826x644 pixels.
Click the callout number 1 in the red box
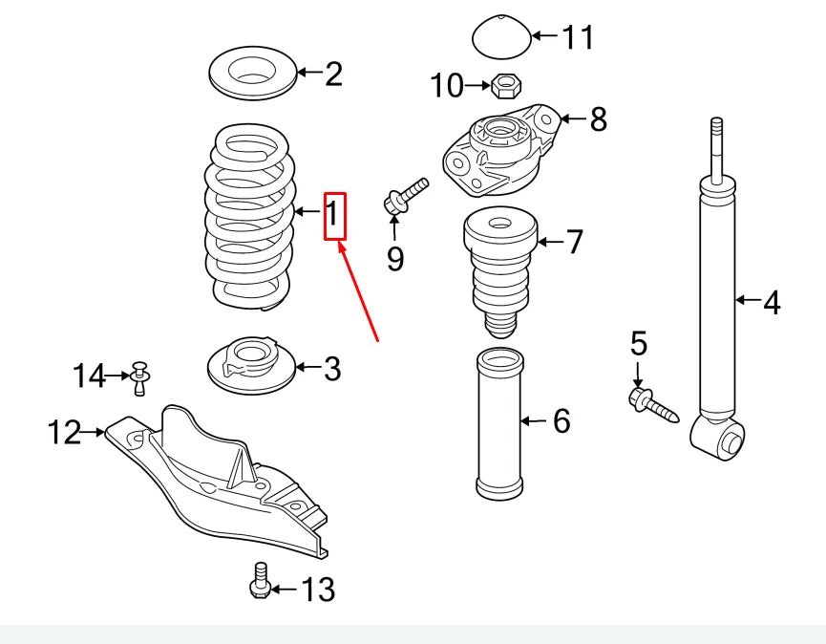[333, 216]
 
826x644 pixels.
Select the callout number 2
[332, 73]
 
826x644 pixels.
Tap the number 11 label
[577, 37]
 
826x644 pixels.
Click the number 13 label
[319, 590]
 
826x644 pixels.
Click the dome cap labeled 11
[500, 36]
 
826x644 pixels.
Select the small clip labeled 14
[140, 376]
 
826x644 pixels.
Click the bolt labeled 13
[259, 581]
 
